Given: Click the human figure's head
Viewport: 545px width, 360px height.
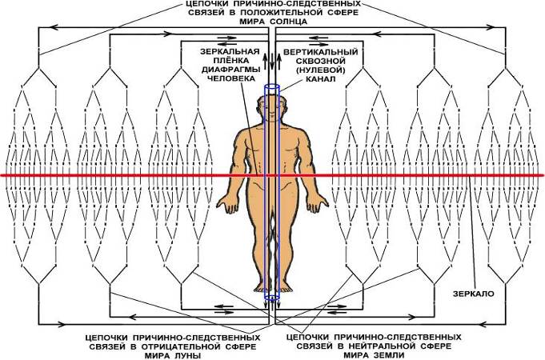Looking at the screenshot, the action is [272, 110].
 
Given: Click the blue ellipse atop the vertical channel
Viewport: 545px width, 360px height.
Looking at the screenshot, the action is [272, 89].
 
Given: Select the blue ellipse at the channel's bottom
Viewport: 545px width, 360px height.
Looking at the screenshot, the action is [272, 298].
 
